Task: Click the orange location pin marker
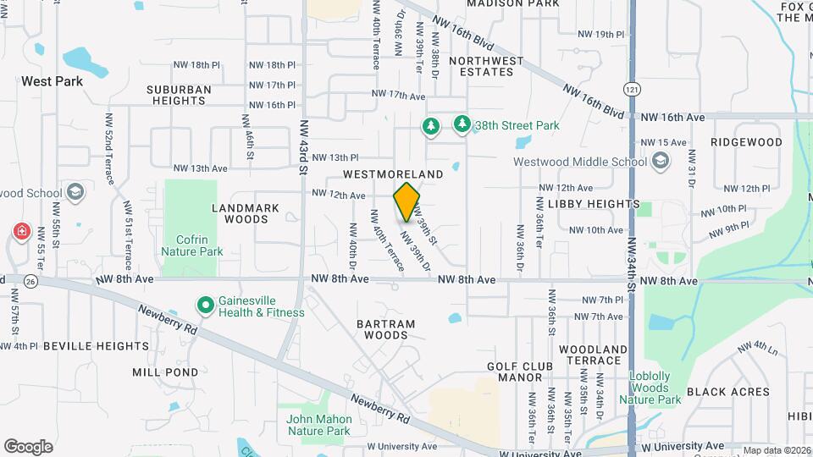click(407, 201)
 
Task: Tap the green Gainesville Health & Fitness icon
click(204, 305)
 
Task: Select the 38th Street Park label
click(517, 125)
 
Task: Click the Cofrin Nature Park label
click(193, 245)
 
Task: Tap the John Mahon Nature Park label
click(318, 425)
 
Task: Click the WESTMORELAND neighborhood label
click(393, 173)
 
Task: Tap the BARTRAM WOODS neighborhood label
click(385, 329)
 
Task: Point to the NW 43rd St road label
click(303, 146)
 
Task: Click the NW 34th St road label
click(632, 251)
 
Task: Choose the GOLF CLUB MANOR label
click(520, 372)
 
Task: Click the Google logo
click(28, 446)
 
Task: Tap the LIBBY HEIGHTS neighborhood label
click(594, 204)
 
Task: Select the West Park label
click(53, 81)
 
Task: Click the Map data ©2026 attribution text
click(775, 450)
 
